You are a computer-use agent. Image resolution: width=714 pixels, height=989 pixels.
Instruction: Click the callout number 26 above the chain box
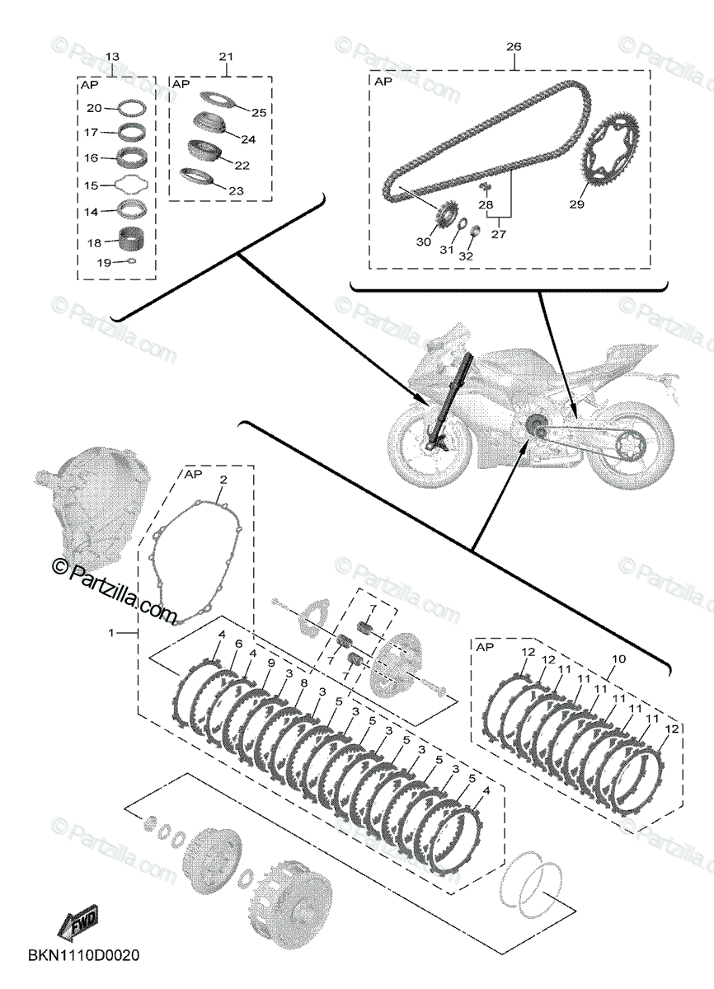(x=513, y=47)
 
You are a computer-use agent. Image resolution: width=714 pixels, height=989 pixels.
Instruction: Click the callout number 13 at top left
(x=112, y=56)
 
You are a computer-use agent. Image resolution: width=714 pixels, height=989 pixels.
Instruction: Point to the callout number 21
(x=226, y=56)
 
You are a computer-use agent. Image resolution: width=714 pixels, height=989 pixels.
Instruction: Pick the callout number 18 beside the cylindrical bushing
(x=94, y=242)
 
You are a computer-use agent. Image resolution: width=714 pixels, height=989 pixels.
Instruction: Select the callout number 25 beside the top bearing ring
(x=259, y=112)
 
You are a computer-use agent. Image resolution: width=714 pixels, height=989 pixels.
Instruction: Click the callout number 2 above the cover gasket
(x=222, y=479)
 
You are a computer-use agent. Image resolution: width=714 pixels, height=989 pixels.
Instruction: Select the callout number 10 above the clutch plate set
(x=618, y=659)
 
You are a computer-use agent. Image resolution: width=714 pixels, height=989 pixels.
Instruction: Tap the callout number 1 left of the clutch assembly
(x=112, y=632)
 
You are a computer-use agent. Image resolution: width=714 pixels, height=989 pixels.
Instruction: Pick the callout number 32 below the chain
(x=467, y=255)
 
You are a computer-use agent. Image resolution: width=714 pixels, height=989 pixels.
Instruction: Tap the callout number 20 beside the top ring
(x=94, y=108)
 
